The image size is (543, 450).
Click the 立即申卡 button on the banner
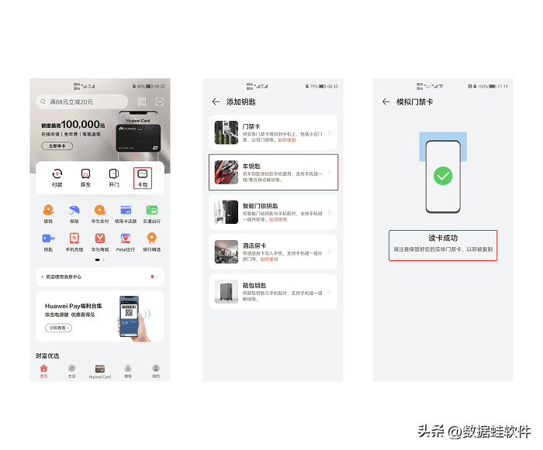[56, 146]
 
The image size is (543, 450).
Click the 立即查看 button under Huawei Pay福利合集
[58, 328]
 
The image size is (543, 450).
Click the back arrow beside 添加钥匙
[216, 101]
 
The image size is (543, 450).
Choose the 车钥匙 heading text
[253, 165]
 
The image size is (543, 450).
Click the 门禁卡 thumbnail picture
[227, 133]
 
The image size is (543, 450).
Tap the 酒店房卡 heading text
[255, 245]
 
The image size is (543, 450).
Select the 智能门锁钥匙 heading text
[260, 205]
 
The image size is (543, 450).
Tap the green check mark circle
[443, 177]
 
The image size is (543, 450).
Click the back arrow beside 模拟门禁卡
[386, 101]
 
